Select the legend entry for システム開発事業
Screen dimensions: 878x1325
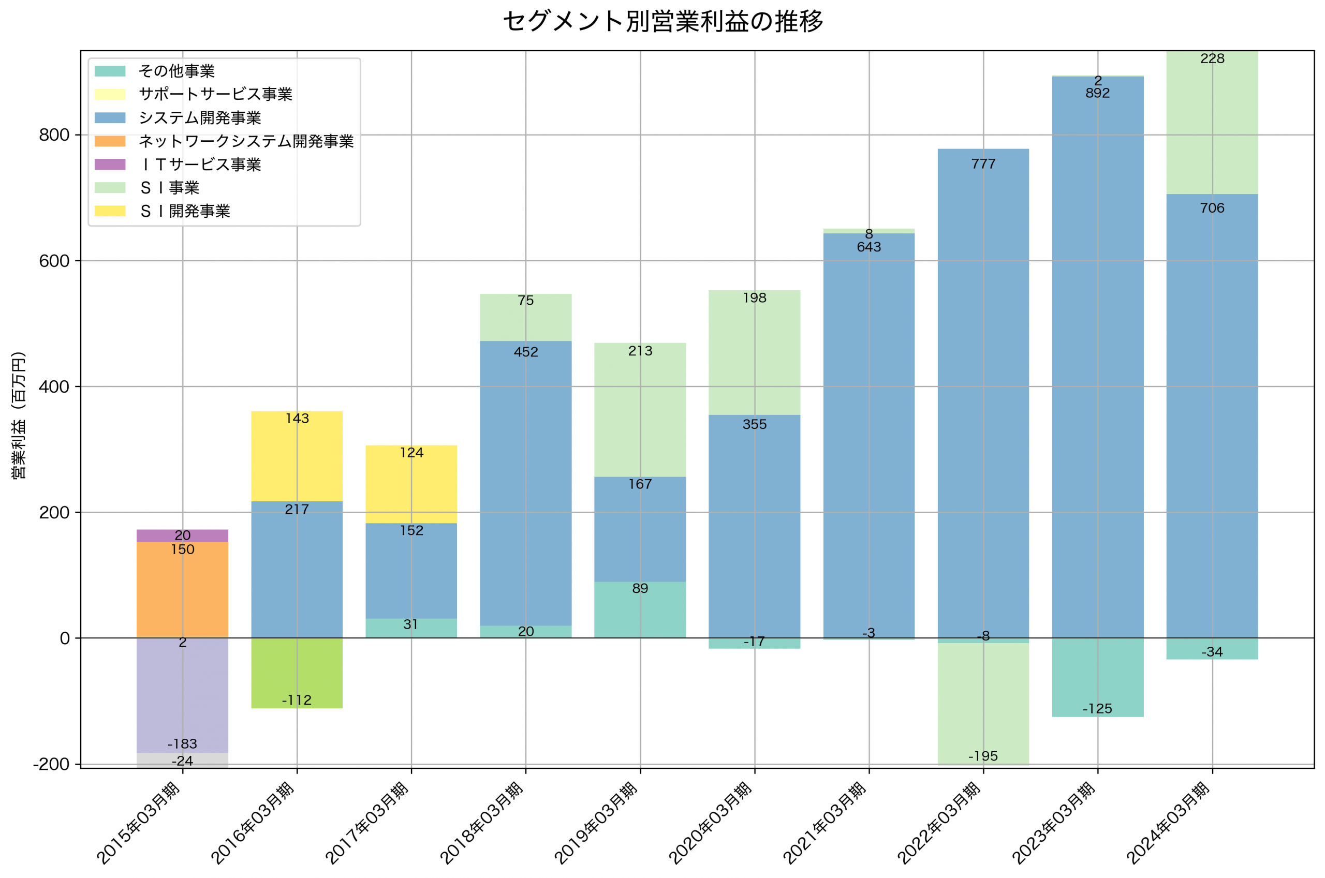click(x=199, y=118)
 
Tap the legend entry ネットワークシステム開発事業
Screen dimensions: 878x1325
click(x=246, y=141)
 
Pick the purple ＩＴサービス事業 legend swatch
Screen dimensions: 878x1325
click(x=110, y=165)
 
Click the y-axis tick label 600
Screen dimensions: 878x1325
click(x=54, y=261)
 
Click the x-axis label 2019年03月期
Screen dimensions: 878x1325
click(x=596, y=823)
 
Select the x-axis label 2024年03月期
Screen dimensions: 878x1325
click(x=1168, y=823)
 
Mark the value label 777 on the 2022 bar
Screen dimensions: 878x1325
click(x=983, y=164)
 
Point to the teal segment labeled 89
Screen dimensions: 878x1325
click(x=640, y=611)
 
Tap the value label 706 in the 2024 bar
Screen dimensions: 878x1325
click(x=1212, y=209)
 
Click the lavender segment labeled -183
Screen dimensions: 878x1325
click(x=183, y=694)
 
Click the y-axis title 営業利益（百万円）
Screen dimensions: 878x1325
click(x=19, y=415)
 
